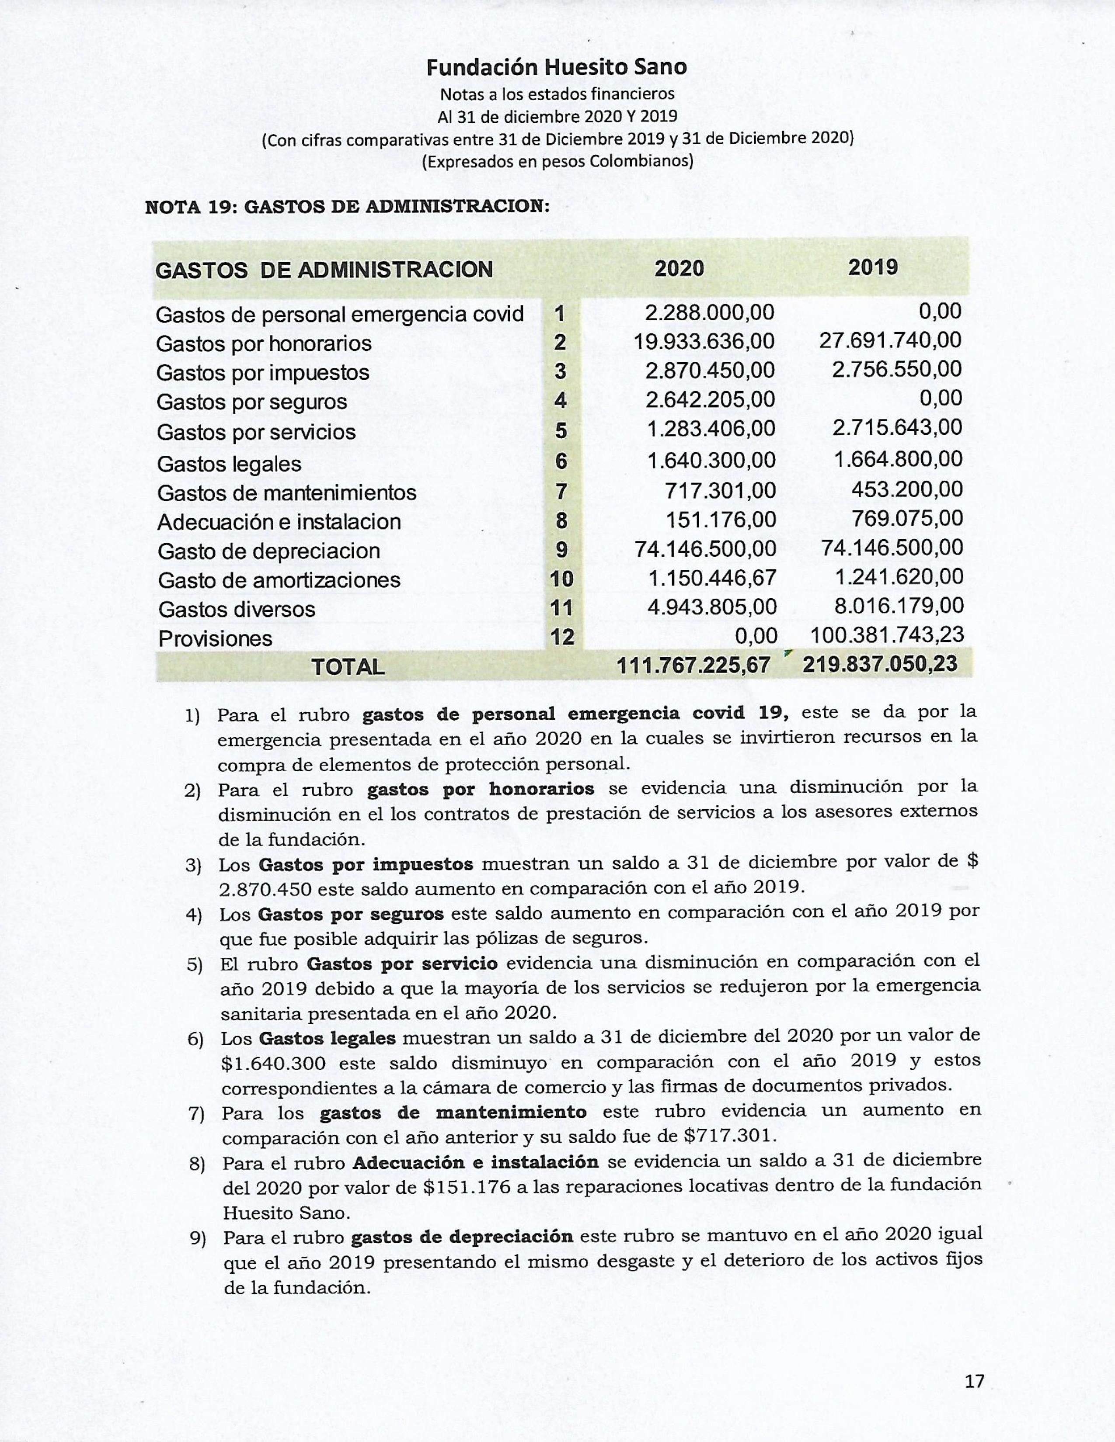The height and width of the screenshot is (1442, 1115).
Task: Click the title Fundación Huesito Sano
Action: click(556, 67)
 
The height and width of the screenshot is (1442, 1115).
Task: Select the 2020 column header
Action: click(679, 269)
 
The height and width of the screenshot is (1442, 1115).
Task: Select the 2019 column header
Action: click(873, 267)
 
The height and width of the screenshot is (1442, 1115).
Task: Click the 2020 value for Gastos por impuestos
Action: click(710, 371)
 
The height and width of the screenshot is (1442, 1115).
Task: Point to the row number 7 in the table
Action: click(561, 492)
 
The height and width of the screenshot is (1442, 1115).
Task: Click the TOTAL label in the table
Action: click(348, 667)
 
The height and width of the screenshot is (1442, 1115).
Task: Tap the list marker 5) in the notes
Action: click(194, 965)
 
